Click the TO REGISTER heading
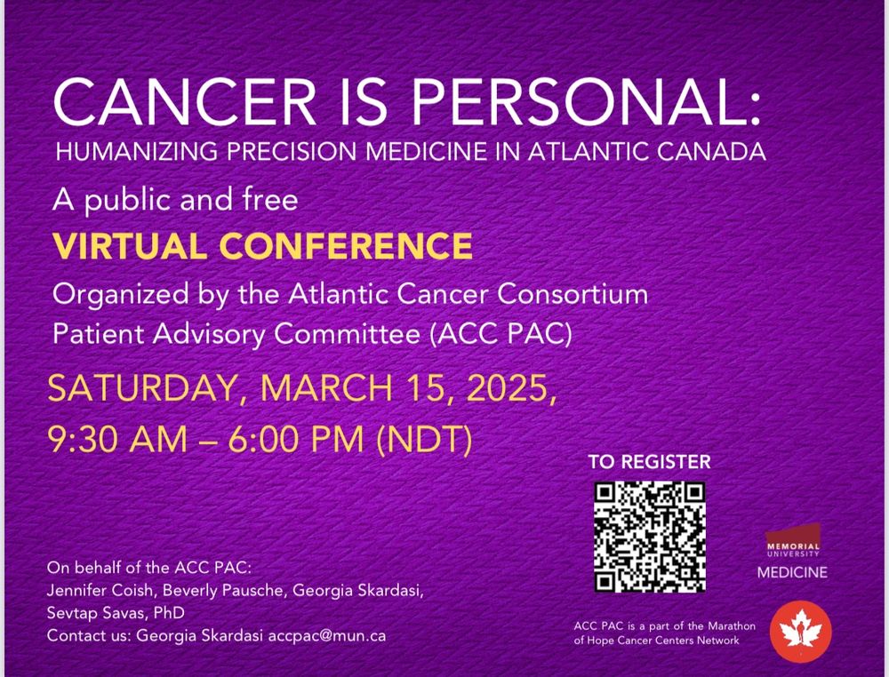pos(649,462)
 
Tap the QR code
pos(650,537)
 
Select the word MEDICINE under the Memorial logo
pos(792,573)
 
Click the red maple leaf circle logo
pos(800,632)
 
